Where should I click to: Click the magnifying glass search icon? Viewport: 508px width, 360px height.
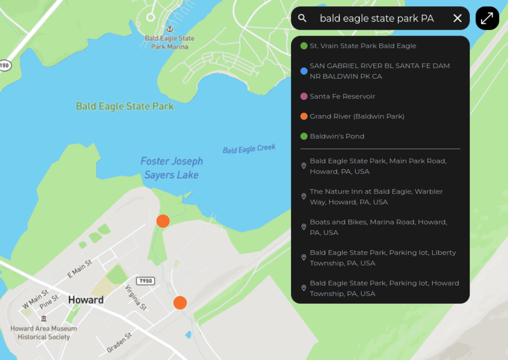pos(303,18)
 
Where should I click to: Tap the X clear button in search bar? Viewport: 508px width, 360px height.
pos(458,18)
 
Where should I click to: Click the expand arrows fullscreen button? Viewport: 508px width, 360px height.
pos(487,18)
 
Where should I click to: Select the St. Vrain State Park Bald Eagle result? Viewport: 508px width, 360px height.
pos(363,46)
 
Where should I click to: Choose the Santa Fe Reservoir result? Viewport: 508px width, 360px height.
pos(342,96)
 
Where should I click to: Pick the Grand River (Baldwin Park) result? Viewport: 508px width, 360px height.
pos(357,116)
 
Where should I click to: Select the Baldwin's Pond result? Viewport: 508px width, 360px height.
pos(337,136)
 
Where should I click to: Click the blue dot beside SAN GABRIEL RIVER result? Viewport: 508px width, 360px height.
pos(304,71)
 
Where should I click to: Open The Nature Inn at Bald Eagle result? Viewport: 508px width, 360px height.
pos(376,197)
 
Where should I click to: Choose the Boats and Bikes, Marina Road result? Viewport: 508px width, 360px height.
pos(378,227)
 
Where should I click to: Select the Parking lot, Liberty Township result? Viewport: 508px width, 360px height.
pos(383,258)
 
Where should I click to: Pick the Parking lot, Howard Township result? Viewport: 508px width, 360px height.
pos(384,288)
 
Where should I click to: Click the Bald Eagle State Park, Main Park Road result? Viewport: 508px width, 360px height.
pos(378,166)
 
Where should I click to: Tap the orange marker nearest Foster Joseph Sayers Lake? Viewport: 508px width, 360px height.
pos(163,221)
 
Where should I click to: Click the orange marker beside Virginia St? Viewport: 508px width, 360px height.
pos(180,303)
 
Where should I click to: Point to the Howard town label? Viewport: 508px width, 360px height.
pos(86,300)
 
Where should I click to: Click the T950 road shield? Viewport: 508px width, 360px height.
pos(146,281)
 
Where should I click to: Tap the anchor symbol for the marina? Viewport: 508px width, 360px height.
pos(170,29)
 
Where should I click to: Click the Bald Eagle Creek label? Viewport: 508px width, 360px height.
pos(249,149)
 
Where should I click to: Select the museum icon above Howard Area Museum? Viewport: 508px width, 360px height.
pos(44,319)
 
